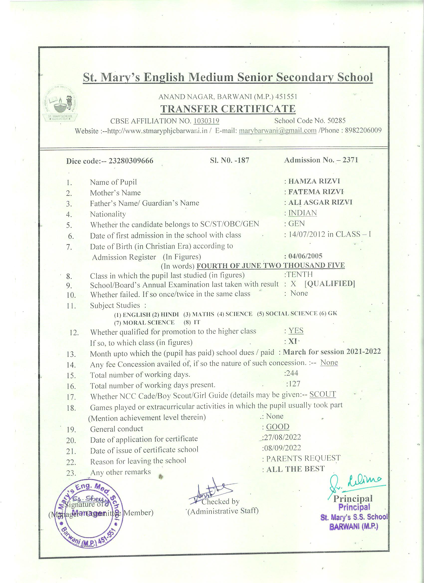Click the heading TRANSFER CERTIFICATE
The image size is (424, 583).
tap(228, 109)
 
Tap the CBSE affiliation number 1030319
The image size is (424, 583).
tap(206, 121)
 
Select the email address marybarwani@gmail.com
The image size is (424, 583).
tap(277, 130)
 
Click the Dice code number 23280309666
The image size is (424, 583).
tap(131, 161)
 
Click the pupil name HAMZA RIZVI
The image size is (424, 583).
tap(314, 181)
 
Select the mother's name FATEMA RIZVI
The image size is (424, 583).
tap(316, 192)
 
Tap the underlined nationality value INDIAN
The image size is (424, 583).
tap(302, 213)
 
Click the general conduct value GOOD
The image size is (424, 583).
tap(277, 427)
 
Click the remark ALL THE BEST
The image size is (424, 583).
tap(296, 469)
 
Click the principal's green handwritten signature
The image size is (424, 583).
tap(356, 483)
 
